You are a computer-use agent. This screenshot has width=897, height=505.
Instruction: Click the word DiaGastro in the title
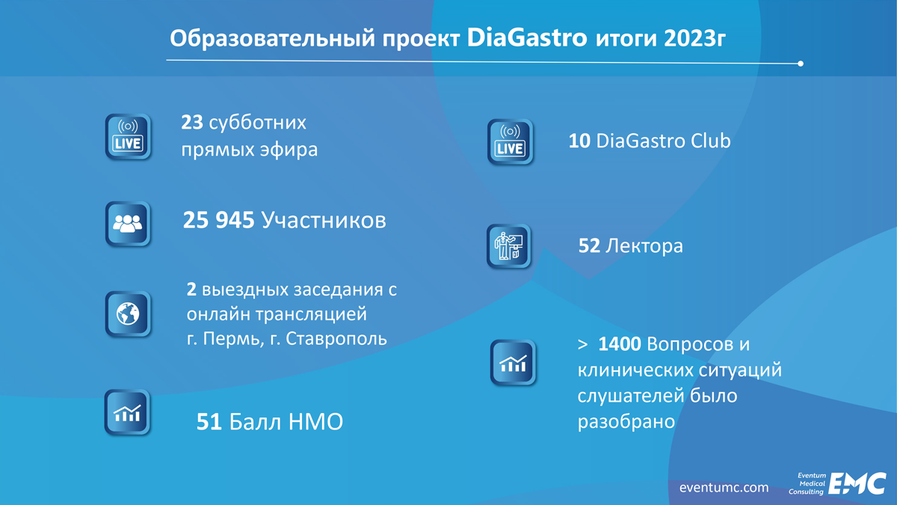[x=527, y=37]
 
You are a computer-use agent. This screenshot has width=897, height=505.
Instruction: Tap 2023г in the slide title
[x=694, y=39]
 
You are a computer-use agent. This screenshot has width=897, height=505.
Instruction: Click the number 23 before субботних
[x=192, y=122]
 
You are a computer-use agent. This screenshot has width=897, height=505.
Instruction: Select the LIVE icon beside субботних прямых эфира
[x=128, y=137]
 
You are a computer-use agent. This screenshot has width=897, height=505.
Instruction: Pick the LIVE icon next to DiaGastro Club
[x=510, y=142]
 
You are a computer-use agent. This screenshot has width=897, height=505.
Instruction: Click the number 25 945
[x=218, y=220]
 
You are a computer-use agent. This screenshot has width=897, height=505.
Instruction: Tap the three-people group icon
[x=128, y=224]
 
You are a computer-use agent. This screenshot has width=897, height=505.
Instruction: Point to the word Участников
[x=324, y=220]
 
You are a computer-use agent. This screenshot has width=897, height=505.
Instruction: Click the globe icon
[x=128, y=313]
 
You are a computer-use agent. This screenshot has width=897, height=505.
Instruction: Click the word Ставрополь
[x=336, y=339]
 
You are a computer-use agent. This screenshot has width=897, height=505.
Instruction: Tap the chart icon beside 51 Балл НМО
[x=127, y=412]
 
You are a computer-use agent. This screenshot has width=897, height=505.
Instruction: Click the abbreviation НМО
[x=315, y=422]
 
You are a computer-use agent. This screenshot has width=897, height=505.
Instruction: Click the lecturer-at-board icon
[x=508, y=246]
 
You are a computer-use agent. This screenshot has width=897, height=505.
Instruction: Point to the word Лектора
[x=644, y=245]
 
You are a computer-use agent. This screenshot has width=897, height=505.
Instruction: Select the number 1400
[x=620, y=344]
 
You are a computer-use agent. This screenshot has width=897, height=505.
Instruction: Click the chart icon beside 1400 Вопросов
[x=513, y=363]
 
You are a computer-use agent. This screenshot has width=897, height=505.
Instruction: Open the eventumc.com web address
[x=724, y=488]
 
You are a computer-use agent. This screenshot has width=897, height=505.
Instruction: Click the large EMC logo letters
[x=857, y=483]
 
